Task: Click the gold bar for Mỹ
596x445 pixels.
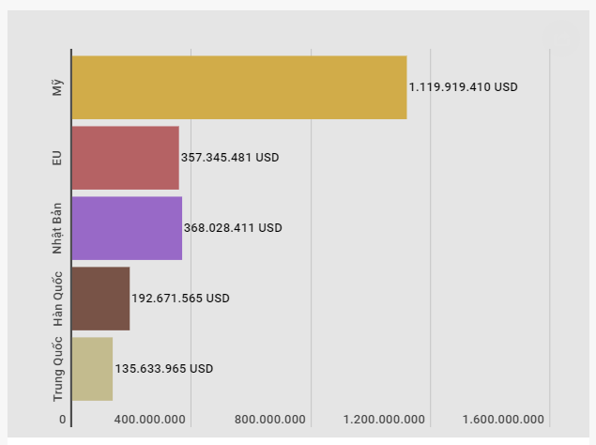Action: pyautogui.click(x=239, y=87)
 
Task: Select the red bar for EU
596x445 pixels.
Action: pyautogui.click(x=125, y=158)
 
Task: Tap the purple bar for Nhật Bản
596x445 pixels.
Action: pyautogui.click(x=127, y=228)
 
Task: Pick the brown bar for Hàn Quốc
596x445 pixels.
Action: pyautogui.click(x=100, y=299)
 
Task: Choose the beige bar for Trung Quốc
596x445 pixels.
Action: pyautogui.click(x=92, y=369)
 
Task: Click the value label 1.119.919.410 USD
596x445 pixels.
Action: pyautogui.click(x=463, y=87)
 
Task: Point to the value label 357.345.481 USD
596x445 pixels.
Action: pyautogui.click(x=230, y=158)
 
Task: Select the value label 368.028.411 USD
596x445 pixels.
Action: pyautogui.click(x=233, y=228)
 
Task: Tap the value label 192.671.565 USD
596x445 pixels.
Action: pyautogui.click(x=180, y=299)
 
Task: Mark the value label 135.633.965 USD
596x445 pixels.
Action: pyautogui.click(x=163, y=369)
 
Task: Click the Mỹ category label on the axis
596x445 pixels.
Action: pyautogui.click(x=57, y=87)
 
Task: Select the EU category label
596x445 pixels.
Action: pyautogui.click(x=57, y=158)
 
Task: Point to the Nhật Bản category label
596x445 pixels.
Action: pyautogui.click(x=57, y=228)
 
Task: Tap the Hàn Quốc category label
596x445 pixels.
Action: pyautogui.click(x=57, y=299)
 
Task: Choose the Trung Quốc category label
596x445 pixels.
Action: pyautogui.click(x=57, y=369)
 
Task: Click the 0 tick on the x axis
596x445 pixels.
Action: pyautogui.click(x=63, y=420)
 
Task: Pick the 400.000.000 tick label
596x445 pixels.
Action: pyautogui.click(x=150, y=420)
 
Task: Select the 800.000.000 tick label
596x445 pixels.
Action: pyautogui.click(x=270, y=420)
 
